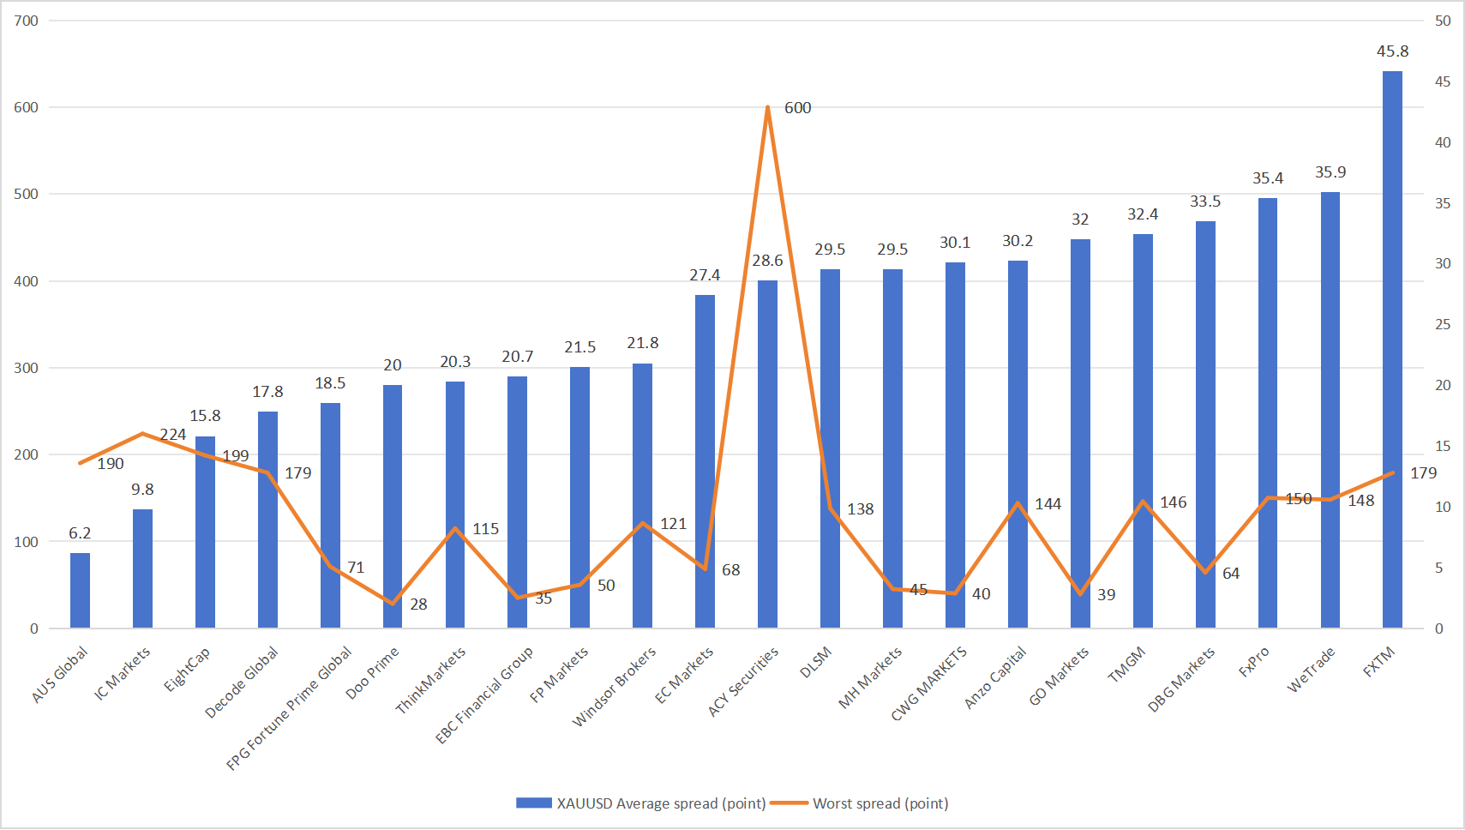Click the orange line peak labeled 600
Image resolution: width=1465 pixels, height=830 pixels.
click(767, 108)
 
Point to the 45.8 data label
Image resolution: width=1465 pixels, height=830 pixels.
click(1392, 51)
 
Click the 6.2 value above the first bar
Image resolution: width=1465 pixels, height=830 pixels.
click(80, 533)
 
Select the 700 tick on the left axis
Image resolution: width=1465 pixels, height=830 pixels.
click(27, 21)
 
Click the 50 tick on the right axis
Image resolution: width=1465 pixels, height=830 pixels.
click(1443, 21)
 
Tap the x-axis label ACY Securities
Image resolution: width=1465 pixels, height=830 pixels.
click(744, 681)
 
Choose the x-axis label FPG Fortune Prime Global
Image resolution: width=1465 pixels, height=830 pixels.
click(290, 707)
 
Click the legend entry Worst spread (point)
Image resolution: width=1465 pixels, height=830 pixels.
click(880, 803)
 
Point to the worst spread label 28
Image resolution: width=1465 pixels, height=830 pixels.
click(418, 604)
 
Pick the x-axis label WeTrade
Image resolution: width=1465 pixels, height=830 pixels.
click(1312, 670)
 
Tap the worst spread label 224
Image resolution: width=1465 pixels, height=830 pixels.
click(173, 435)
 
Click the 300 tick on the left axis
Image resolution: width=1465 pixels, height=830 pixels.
click(27, 368)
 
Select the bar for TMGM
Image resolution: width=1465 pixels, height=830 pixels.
click(1143, 430)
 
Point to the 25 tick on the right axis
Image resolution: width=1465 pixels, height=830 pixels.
click(1443, 324)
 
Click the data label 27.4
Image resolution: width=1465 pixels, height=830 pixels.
click(705, 275)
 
